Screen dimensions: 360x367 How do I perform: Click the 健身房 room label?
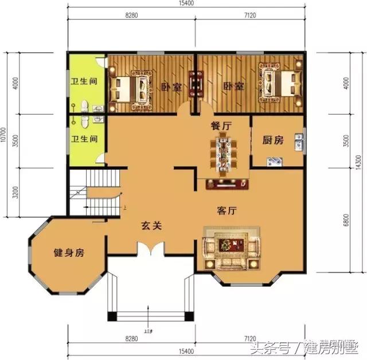coord(69,253)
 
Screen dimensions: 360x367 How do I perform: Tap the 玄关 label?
coord(152,226)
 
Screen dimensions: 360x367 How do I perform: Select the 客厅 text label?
coord(228,210)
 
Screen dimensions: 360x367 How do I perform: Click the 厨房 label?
coord(273,140)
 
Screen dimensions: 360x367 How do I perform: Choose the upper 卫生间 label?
coord(84,81)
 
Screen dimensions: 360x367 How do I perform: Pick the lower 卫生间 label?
coord(84,139)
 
